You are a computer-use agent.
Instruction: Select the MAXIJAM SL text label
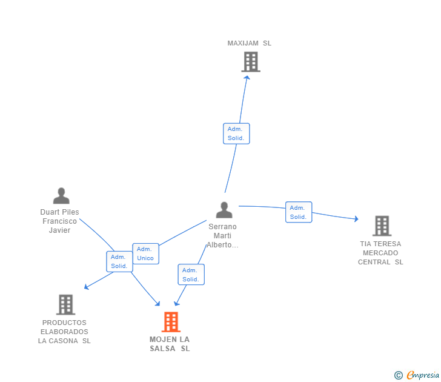point(250,43)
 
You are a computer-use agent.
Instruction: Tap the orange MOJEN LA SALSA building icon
point(171,322)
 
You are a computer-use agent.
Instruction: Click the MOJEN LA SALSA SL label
point(170,344)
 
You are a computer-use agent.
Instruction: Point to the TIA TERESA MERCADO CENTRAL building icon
point(382,226)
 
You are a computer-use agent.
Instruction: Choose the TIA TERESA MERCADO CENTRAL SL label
point(380,253)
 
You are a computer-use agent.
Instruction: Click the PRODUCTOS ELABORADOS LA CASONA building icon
point(65,304)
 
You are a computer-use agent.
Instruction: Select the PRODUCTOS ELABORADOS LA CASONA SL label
point(64,332)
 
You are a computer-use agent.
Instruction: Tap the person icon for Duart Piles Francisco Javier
point(61,196)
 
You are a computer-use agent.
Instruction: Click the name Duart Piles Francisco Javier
point(59,221)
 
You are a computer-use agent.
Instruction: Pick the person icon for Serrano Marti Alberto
point(224,210)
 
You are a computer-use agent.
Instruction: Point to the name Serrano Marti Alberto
point(222,236)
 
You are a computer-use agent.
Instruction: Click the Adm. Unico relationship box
point(145,253)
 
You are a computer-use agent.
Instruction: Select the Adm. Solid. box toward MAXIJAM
point(236,133)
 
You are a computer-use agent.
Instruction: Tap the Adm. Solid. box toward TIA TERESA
point(299,212)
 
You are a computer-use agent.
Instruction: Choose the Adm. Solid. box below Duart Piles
point(119,261)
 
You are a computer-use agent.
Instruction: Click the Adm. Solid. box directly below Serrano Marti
point(191,275)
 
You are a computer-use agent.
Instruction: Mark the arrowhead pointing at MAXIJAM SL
point(247,77)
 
